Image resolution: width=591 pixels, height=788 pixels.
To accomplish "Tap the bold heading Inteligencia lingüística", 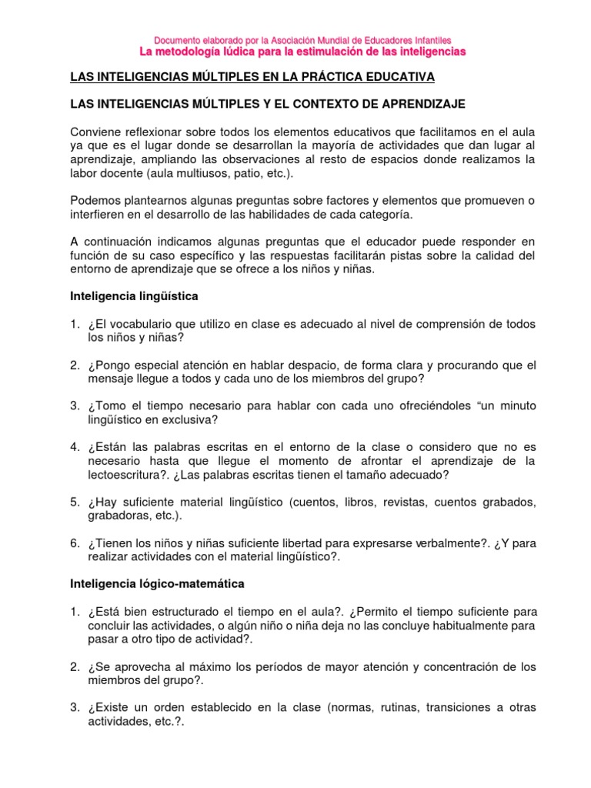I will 135,295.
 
